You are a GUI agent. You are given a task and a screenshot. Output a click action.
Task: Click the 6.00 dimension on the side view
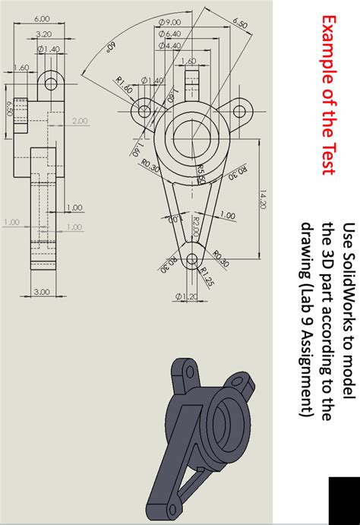coord(42,18)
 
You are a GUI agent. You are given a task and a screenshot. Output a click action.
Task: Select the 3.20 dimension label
coord(43,34)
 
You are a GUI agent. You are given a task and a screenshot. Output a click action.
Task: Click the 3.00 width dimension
coord(42,291)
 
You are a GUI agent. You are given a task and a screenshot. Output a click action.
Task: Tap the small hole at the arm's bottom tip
coord(190,257)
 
